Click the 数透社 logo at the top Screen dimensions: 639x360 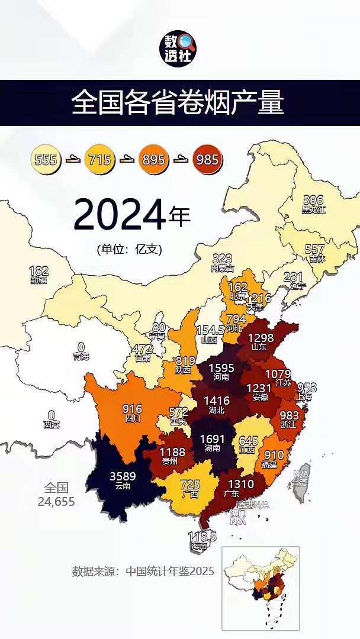pyautogui.click(x=180, y=47)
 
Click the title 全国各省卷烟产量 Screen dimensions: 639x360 pyautogui.click(x=178, y=102)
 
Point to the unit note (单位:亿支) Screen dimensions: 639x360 pyautogui.click(x=130, y=249)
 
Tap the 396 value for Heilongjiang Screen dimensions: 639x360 pyautogui.click(x=314, y=200)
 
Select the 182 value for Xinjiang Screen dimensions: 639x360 pyautogui.click(x=38, y=271)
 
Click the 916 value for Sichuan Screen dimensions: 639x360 pyautogui.click(x=131, y=409)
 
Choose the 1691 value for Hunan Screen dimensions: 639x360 pyautogui.click(x=213, y=439)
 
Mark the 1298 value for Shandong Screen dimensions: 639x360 pyautogui.click(x=261, y=338)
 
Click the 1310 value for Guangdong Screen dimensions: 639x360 pyautogui.click(x=240, y=484)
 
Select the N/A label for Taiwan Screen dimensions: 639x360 pyautogui.click(x=301, y=475)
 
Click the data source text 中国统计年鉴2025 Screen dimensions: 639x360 pyautogui.click(x=143, y=571)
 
